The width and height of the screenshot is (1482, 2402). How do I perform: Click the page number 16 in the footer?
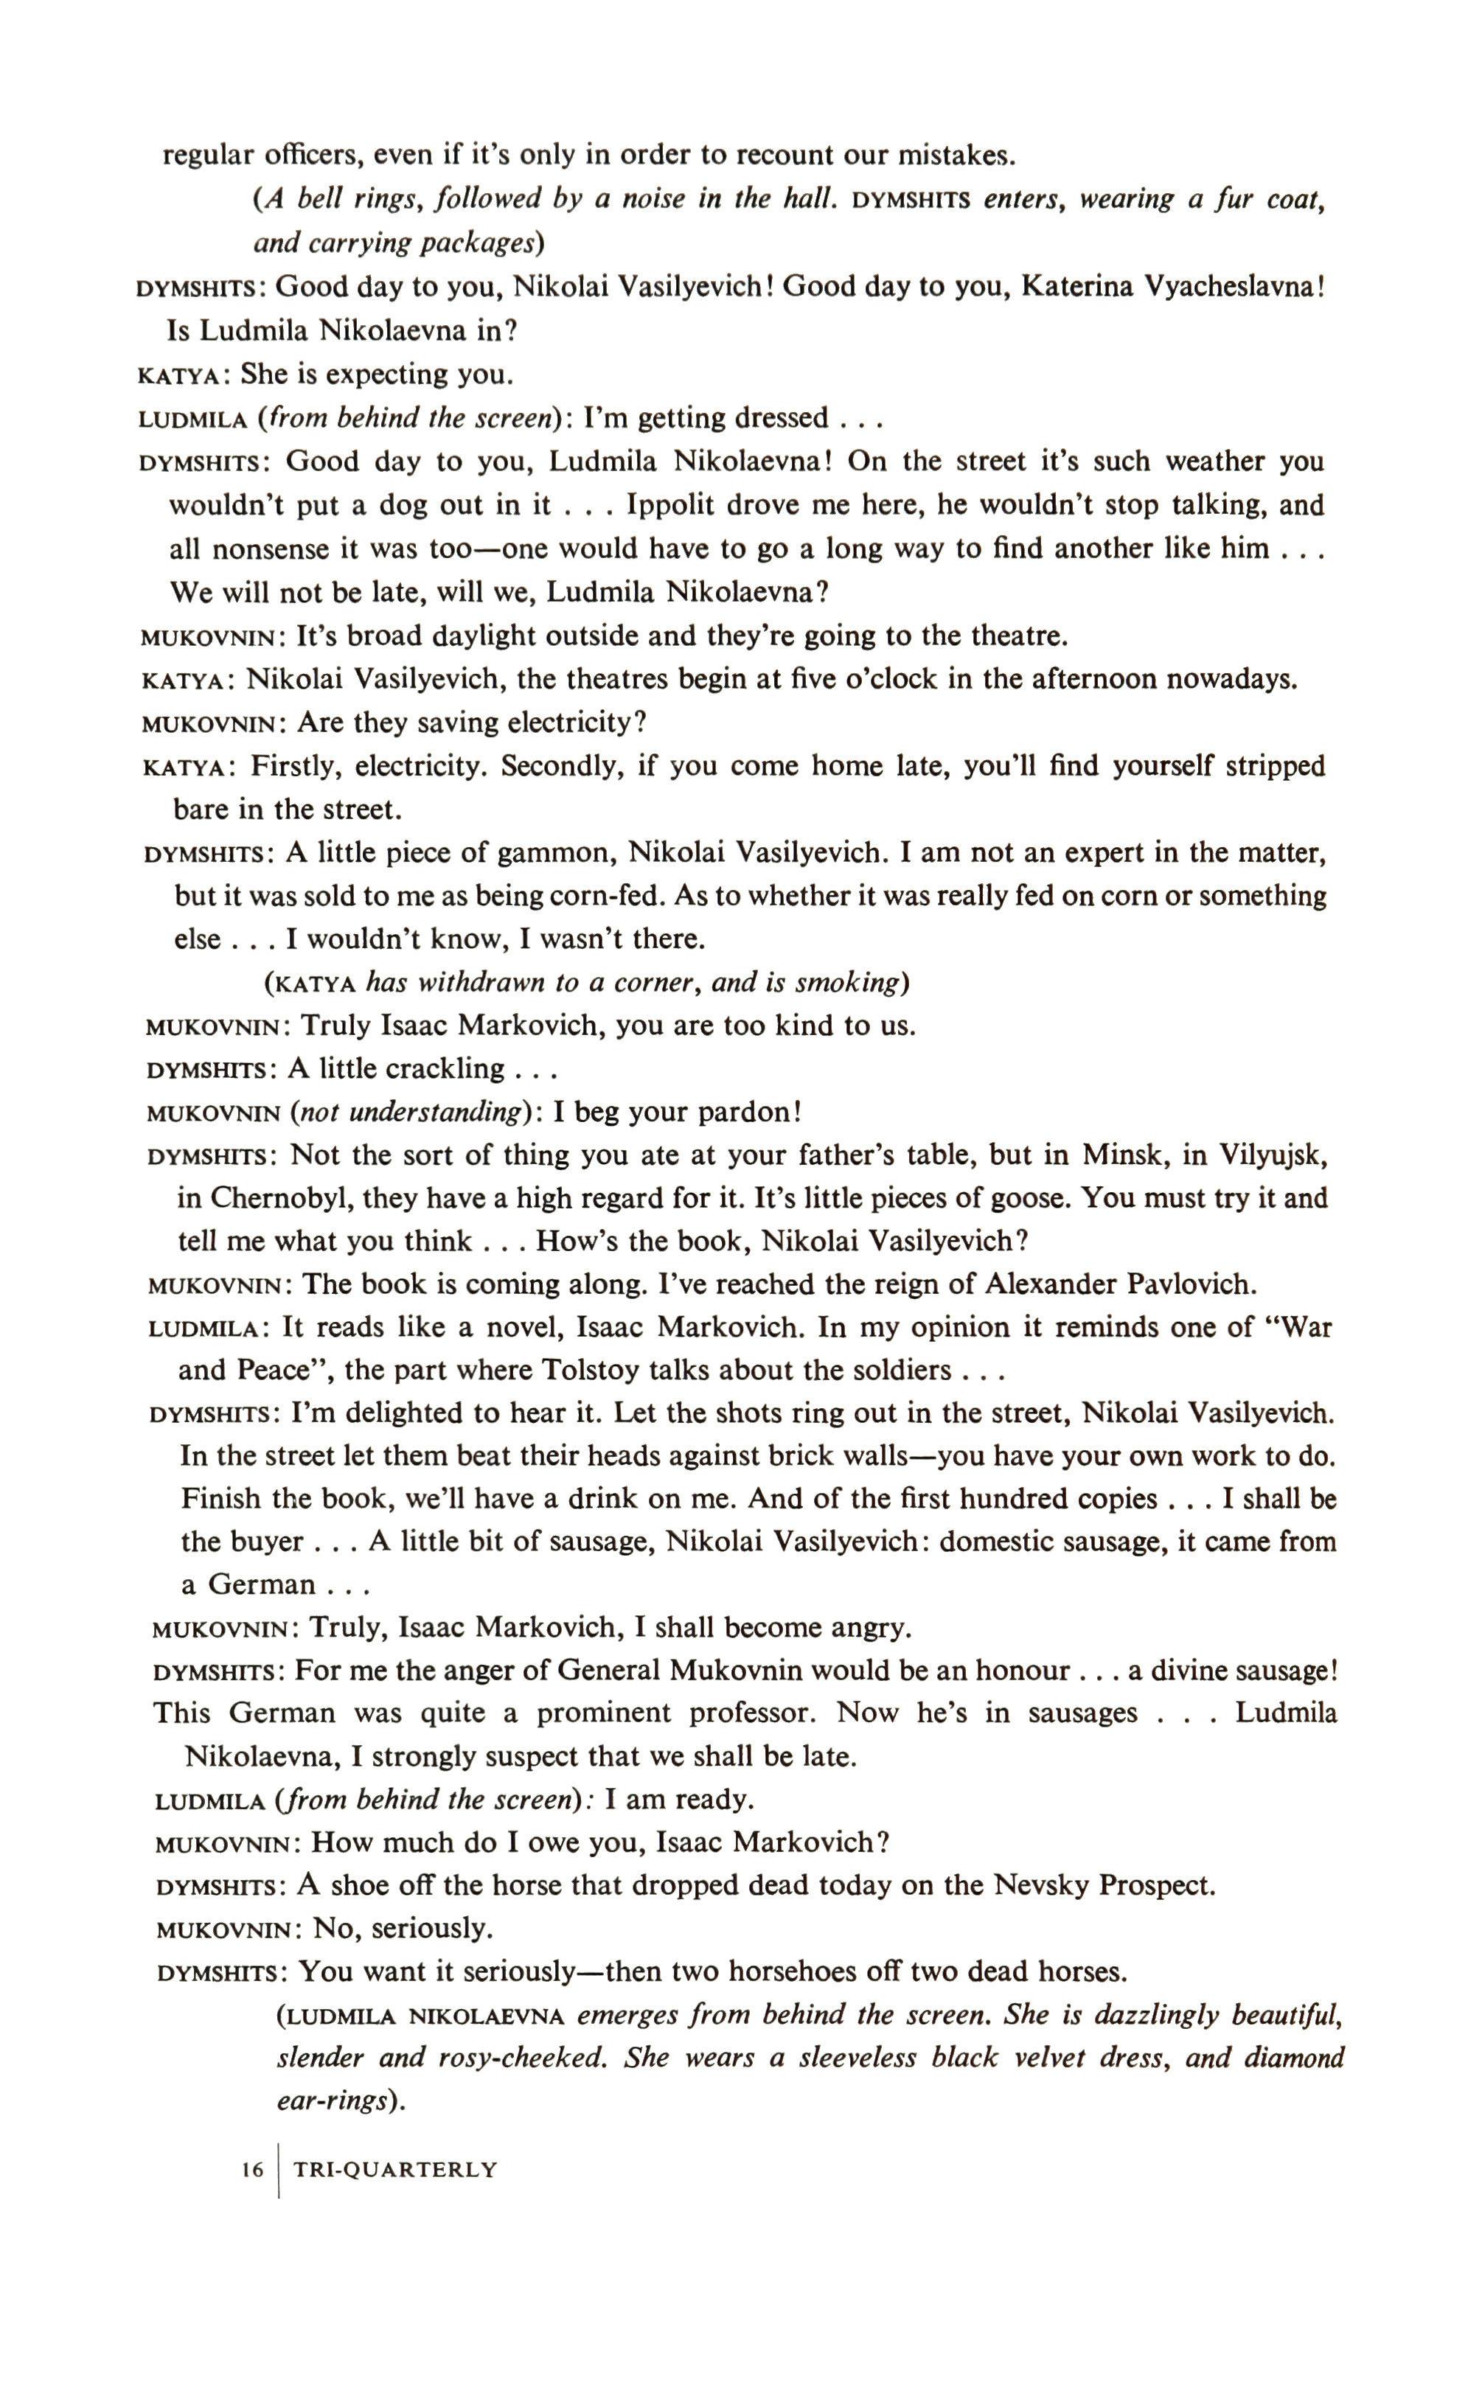(253, 2169)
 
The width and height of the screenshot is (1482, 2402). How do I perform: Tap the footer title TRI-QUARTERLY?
(396, 2169)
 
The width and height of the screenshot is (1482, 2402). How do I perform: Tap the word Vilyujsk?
(1273, 1155)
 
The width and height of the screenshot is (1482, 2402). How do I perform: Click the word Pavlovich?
(1192, 1283)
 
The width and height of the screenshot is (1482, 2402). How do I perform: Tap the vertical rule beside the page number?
(280, 2170)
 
